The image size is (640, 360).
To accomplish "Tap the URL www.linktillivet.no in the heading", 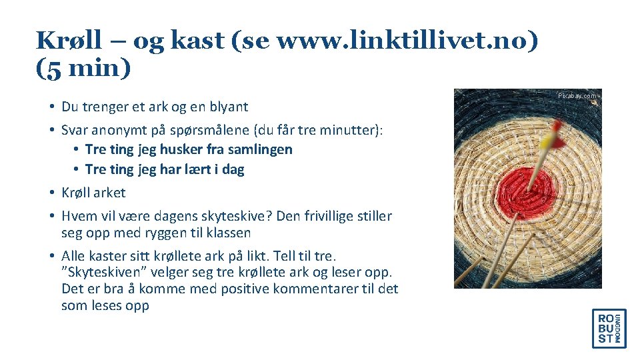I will point(403,41).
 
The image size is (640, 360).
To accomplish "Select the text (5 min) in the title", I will point(84,69).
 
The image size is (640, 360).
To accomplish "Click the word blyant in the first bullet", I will point(227,107).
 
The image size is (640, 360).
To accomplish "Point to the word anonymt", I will point(113,129).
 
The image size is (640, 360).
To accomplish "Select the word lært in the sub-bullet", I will point(194,169).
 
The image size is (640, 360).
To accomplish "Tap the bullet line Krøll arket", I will point(93,193).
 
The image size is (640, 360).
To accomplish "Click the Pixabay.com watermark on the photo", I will point(577,96).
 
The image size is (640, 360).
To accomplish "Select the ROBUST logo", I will point(609,329).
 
